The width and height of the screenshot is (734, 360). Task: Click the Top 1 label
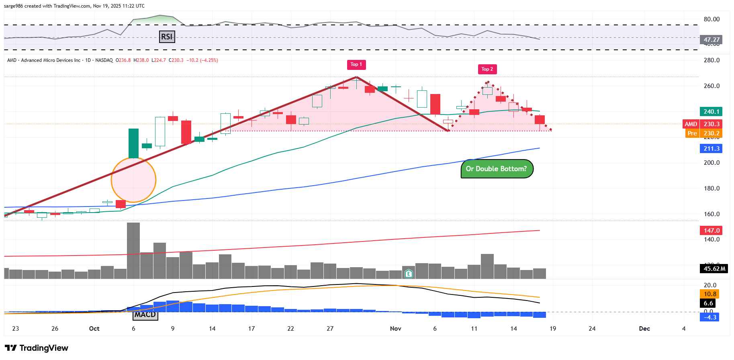click(x=356, y=65)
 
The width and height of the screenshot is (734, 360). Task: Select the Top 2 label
click(x=487, y=70)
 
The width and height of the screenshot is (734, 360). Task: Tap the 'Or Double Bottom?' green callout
click(x=497, y=169)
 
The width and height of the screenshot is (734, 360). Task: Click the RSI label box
click(x=167, y=37)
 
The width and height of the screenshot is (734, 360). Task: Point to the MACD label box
click(x=145, y=315)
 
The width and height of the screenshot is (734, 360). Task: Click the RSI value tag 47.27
click(x=711, y=40)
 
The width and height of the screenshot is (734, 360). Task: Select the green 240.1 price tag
click(x=711, y=112)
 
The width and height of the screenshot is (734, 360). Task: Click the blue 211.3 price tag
click(x=711, y=149)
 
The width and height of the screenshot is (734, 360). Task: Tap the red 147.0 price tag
click(x=711, y=231)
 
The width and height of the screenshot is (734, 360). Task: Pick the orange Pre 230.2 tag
click(x=703, y=133)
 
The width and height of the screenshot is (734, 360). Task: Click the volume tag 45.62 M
click(x=714, y=269)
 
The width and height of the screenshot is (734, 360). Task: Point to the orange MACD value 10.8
click(x=710, y=294)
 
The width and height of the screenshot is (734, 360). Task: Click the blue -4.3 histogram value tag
click(x=710, y=317)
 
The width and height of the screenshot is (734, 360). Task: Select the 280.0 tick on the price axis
click(x=712, y=60)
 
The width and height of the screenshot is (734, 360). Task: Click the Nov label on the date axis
click(x=396, y=329)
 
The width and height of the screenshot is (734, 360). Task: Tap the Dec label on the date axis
click(x=644, y=329)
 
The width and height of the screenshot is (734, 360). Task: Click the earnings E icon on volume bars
click(x=409, y=274)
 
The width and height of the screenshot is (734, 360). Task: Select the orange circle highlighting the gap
click(x=133, y=180)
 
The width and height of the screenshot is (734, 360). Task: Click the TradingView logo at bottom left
click(x=37, y=348)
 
